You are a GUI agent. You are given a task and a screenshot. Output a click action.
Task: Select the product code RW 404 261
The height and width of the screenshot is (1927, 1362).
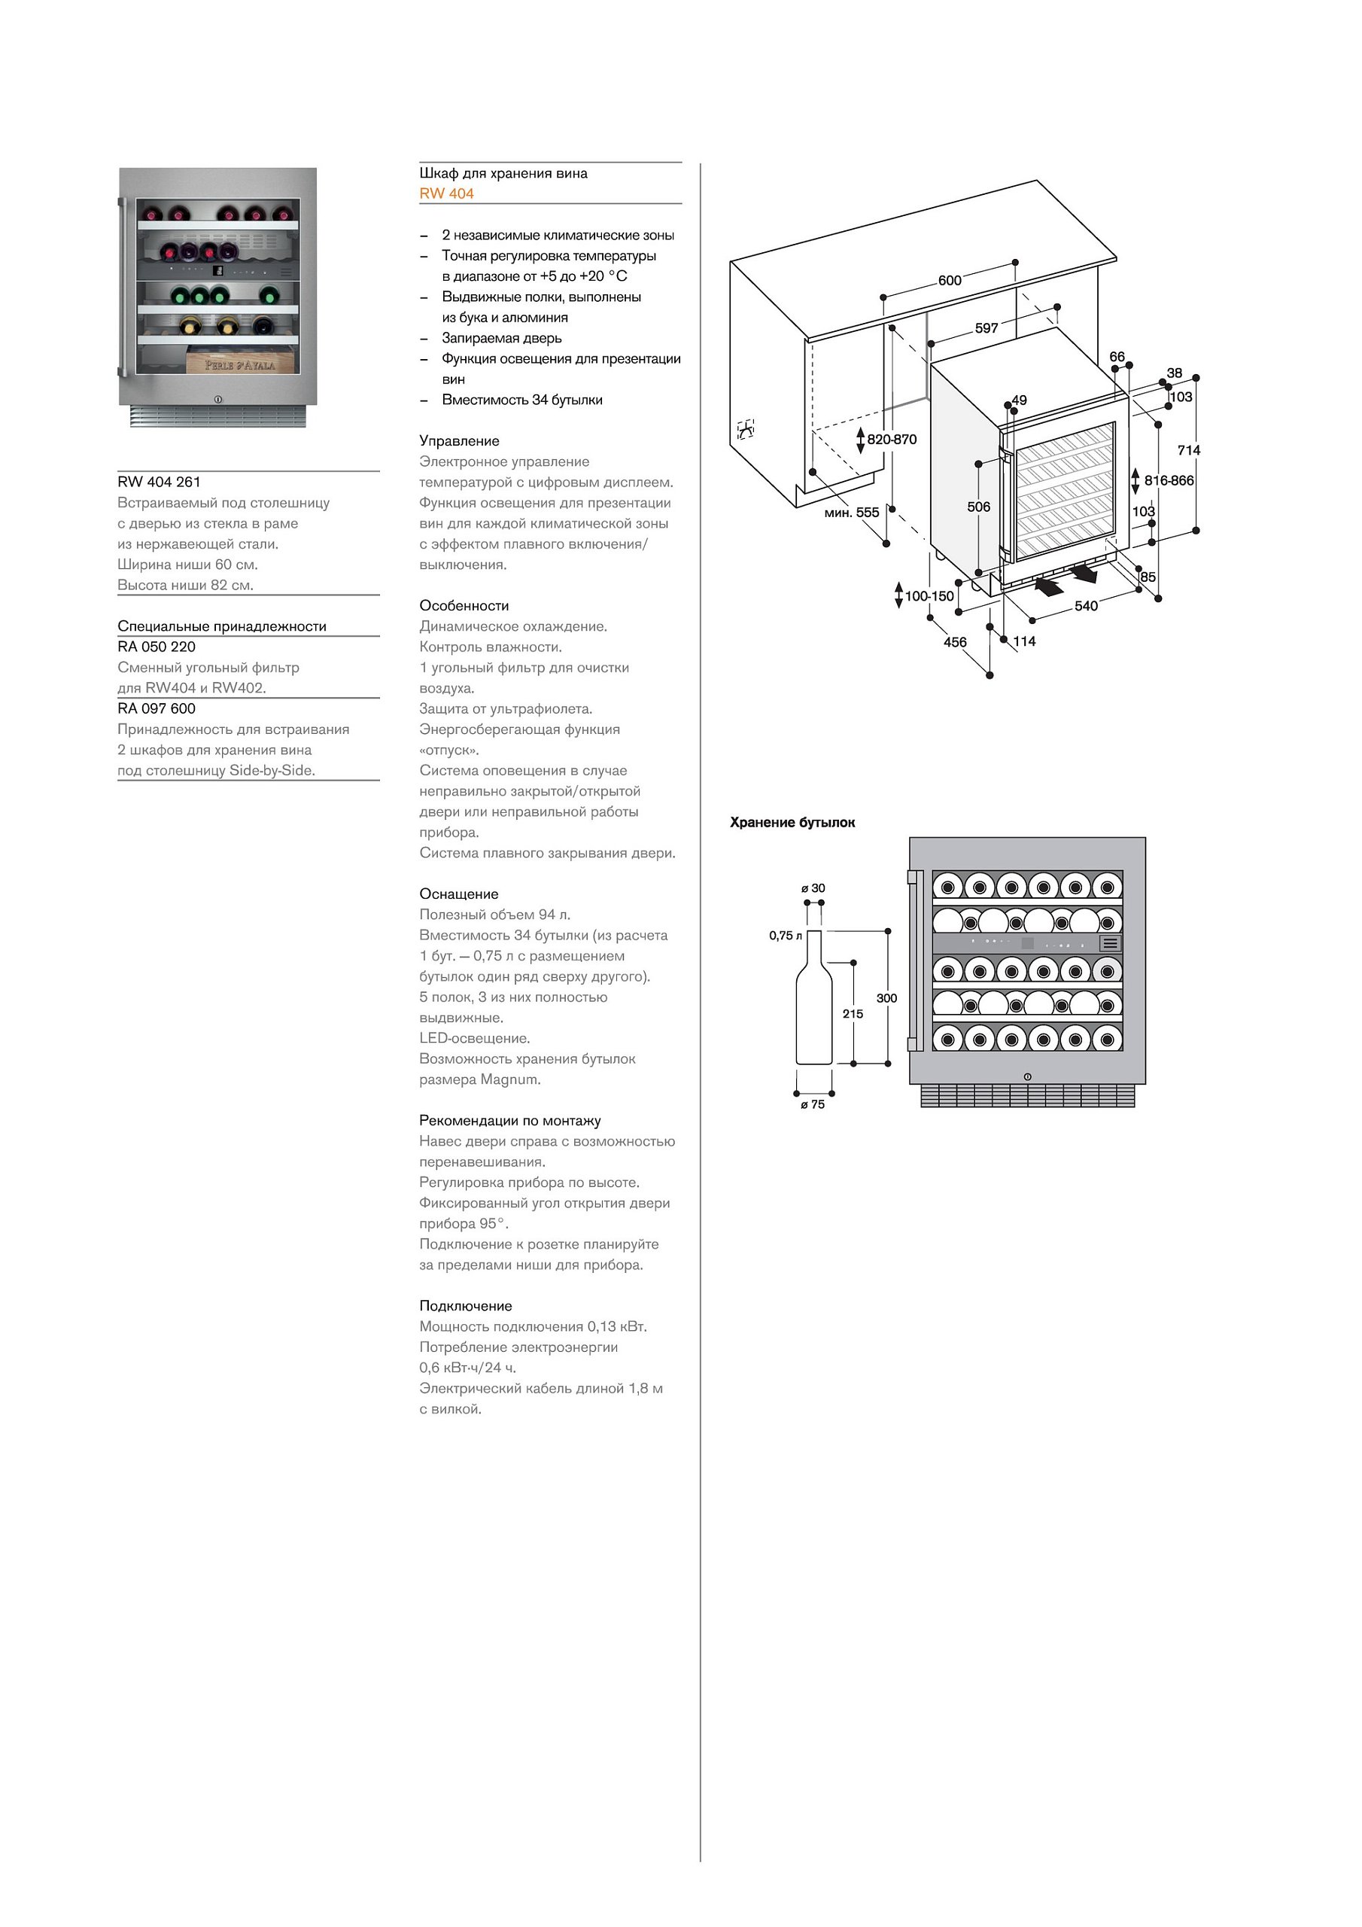coord(160,482)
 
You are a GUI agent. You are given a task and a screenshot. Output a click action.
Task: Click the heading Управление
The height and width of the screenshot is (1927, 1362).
coord(459,440)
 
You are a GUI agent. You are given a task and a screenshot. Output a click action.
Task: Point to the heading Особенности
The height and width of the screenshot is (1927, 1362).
coord(464,605)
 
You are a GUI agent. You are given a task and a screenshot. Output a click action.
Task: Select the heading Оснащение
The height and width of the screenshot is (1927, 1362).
coord(458,893)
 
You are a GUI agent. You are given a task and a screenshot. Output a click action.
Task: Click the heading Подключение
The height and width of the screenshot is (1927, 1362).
coord(466,1305)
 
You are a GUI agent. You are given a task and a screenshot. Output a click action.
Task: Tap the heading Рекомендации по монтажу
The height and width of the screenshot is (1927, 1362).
coord(509,1121)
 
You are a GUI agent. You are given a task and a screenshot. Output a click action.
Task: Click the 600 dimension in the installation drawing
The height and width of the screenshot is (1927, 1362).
coord(949,280)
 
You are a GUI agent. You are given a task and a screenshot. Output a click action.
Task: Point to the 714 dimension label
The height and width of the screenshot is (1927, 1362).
coord(1188,451)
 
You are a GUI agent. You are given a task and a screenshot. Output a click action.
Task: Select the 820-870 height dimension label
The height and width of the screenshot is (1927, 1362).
coord(891,440)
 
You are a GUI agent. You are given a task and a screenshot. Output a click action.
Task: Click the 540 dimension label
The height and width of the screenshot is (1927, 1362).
coord(1086,606)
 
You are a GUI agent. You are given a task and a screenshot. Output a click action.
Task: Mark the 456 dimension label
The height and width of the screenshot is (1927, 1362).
coord(955,642)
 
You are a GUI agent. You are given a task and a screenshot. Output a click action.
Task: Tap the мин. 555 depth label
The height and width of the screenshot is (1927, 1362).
coord(852,512)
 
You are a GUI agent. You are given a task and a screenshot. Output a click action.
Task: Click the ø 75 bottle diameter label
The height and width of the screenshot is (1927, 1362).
coord(813,1104)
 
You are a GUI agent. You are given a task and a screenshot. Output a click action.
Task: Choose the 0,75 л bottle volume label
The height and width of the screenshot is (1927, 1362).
coord(786,935)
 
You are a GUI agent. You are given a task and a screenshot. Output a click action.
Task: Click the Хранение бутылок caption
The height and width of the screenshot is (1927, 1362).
coord(792,823)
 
